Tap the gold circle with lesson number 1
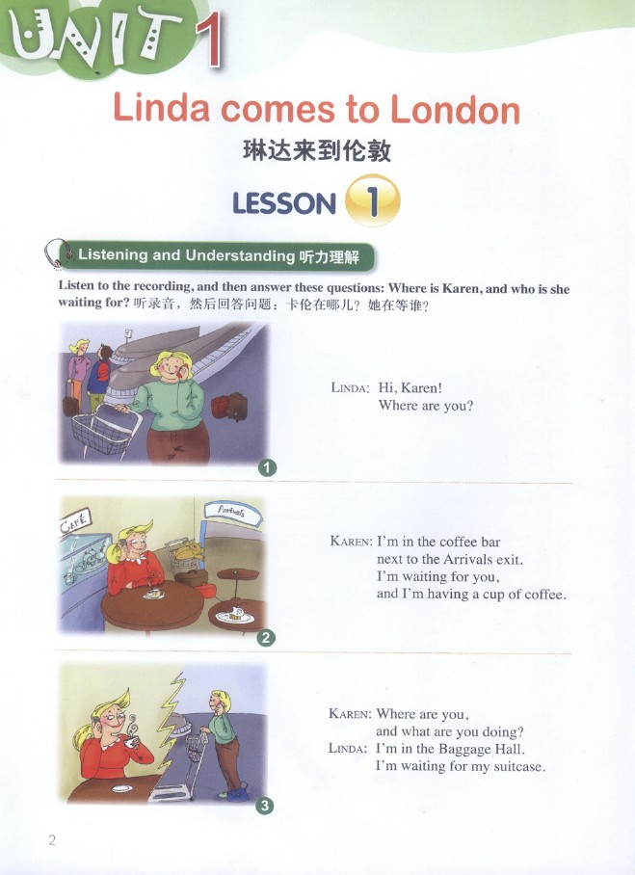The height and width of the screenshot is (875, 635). [373, 200]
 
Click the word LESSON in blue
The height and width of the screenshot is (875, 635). [284, 203]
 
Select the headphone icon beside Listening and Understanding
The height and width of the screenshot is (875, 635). [57, 253]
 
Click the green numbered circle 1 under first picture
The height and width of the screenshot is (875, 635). [268, 467]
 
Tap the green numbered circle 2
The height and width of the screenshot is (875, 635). [266, 637]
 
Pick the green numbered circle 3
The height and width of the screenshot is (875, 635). [265, 806]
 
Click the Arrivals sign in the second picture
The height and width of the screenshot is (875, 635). [232, 511]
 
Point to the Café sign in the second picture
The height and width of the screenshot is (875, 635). [75, 523]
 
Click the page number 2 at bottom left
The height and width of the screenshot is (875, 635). [52, 840]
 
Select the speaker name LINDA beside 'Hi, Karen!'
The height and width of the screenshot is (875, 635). [350, 387]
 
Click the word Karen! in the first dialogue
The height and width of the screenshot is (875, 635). [421, 387]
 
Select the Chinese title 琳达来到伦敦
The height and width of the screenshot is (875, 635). [317, 150]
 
